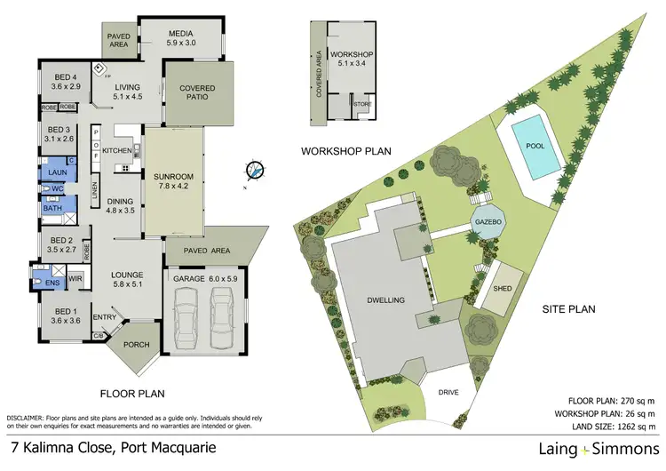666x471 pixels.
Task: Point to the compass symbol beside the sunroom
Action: click(255, 170)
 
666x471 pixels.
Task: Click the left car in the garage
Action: click(188, 320)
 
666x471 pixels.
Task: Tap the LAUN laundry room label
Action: click(57, 172)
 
